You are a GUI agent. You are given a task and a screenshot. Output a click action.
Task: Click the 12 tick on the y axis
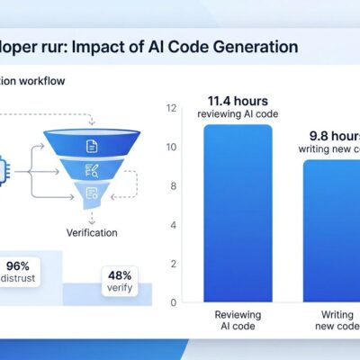click(x=171, y=109)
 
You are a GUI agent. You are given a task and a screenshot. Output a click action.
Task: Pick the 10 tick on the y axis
click(x=171, y=148)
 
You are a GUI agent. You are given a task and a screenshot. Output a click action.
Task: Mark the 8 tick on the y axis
click(x=171, y=186)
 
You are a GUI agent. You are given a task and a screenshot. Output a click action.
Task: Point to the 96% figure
click(x=17, y=265)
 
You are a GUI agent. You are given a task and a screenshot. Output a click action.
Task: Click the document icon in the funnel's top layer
click(x=92, y=145)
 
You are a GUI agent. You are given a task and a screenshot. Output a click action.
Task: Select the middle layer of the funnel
click(x=92, y=168)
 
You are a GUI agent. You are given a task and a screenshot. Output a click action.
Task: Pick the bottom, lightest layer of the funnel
click(x=92, y=191)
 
